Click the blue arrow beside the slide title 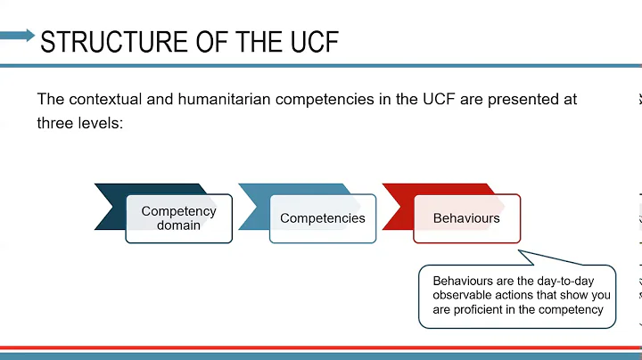click(17, 36)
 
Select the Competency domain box click(178, 218)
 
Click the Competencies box click(322, 218)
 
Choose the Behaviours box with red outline click(466, 218)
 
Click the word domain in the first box click(178, 225)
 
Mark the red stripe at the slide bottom click(321, 348)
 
